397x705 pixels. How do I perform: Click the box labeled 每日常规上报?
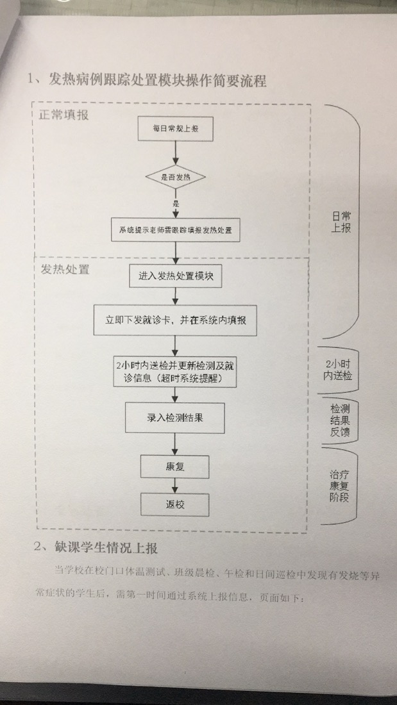[x=175, y=129]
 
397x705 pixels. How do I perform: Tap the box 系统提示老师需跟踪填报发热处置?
[x=175, y=229]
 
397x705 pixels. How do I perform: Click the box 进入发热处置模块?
[x=174, y=278]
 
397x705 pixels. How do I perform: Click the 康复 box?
[x=175, y=466]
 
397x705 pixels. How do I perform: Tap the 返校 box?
[x=175, y=504]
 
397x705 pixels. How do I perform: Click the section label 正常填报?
[x=63, y=116]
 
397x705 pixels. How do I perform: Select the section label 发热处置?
[x=65, y=269]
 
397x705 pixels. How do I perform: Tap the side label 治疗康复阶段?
[x=339, y=486]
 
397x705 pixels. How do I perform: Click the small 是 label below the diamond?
[x=174, y=203]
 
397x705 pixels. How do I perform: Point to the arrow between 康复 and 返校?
[x=175, y=485]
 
